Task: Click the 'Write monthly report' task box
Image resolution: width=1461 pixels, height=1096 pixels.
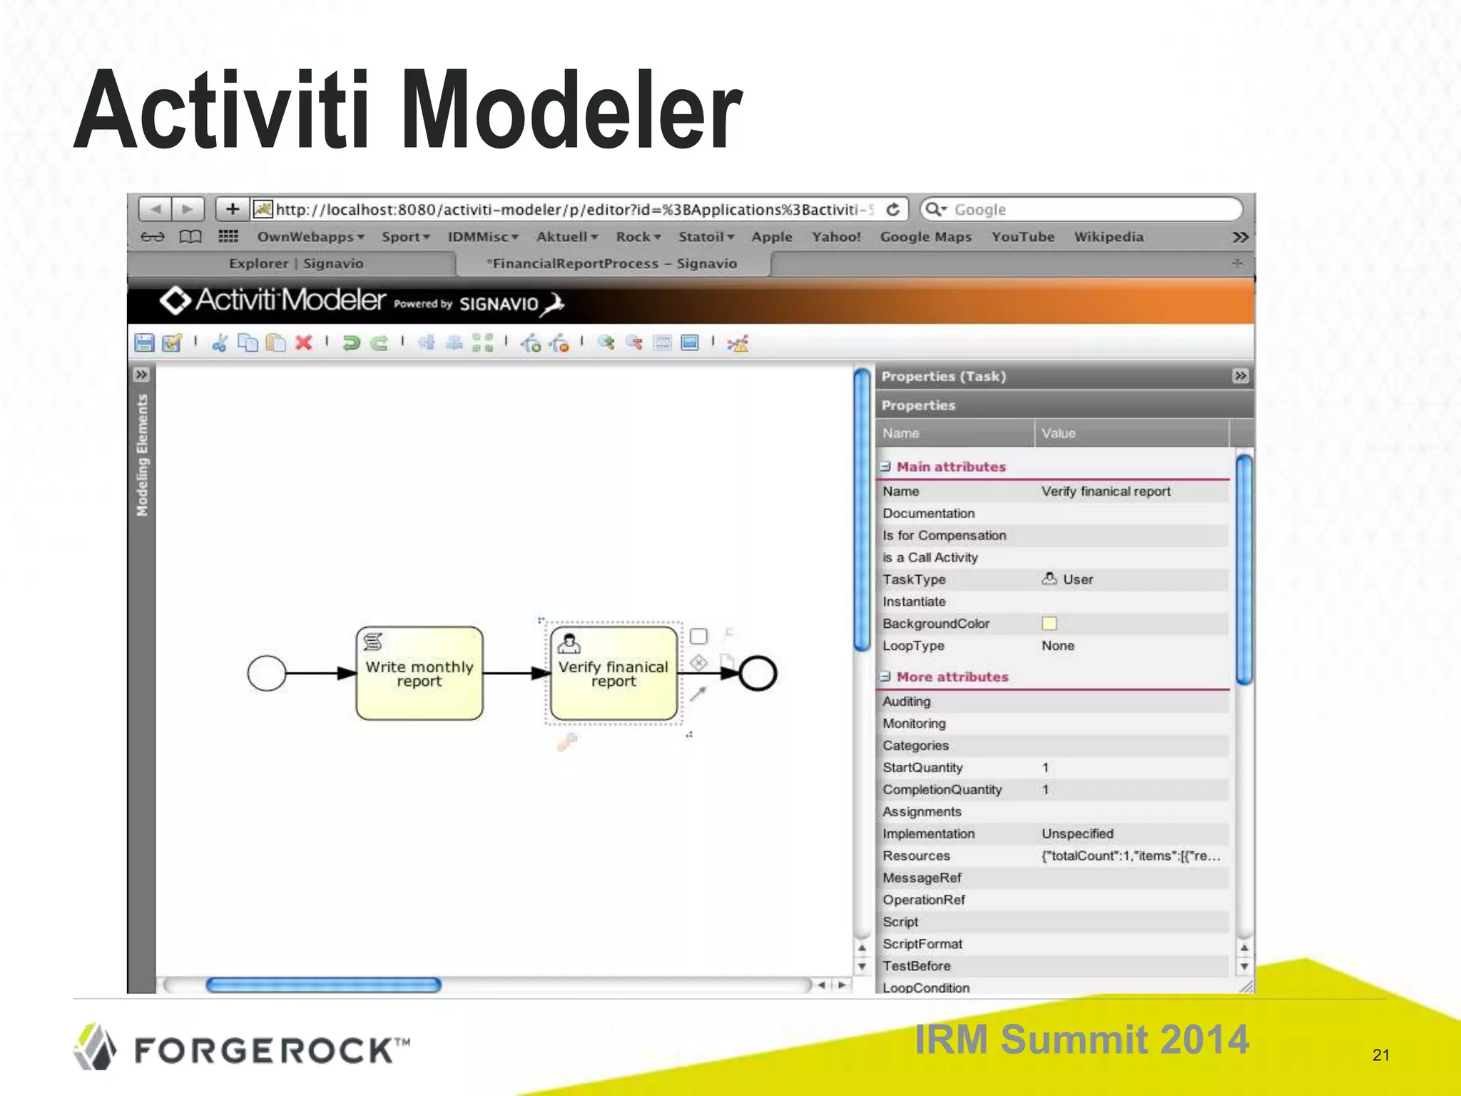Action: point(419,674)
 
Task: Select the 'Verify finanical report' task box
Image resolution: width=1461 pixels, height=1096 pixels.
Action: point(614,674)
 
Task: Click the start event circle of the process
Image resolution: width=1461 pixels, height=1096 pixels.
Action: point(266,673)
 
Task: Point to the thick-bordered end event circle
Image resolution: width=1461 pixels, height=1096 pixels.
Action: point(758,673)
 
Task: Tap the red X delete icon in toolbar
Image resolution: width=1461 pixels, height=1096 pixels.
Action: point(304,343)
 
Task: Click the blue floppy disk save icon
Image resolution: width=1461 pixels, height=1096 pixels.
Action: point(144,343)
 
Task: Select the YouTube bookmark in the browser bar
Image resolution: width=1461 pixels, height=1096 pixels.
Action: point(1022,237)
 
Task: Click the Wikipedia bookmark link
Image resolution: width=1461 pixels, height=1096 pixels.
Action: point(1109,237)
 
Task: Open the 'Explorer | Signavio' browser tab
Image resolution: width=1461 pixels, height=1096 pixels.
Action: point(296,263)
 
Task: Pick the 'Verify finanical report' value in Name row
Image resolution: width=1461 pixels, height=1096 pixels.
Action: point(1106,492)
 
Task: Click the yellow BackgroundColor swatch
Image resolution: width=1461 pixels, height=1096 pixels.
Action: point(1049,624)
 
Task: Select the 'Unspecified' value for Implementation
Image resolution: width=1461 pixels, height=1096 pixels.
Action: point(1077,833)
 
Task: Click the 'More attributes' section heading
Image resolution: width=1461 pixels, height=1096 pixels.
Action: point(952,677)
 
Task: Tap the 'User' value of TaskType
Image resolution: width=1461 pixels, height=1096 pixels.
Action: point(1077,579)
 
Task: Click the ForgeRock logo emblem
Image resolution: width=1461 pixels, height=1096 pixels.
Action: point(95,1047)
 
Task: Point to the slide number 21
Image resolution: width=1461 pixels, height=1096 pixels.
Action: point(1381,1055)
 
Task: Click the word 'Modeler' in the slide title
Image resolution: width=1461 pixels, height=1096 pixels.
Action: point(571,111)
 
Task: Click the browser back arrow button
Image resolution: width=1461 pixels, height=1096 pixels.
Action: point(156,209)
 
